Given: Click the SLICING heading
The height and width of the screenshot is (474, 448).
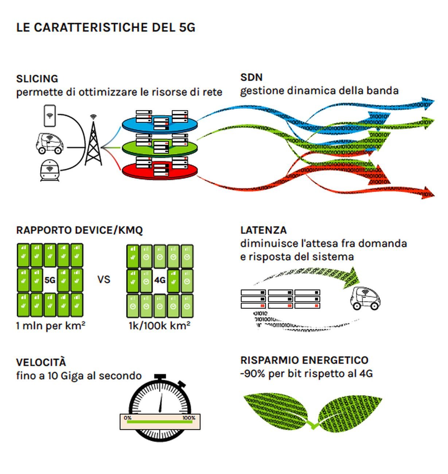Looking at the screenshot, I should [37, 79].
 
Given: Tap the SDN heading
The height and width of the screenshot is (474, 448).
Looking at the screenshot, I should [251, 77].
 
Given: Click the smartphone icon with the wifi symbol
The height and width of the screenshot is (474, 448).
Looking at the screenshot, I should [50, 116].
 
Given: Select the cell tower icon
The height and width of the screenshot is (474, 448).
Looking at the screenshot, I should [93, 142].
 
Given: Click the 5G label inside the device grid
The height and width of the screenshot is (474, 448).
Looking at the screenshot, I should [50, 280].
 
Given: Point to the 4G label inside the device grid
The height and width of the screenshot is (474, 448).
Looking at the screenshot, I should [160, 280].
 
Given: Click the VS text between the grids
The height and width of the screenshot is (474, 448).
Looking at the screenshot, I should [104, 280].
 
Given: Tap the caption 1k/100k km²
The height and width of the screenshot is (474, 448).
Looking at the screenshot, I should [159, 325].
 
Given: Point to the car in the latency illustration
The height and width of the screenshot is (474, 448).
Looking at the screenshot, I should [365, 299].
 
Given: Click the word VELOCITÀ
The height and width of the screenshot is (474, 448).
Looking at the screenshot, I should [41, 362].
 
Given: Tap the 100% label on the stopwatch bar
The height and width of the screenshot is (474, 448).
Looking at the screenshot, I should [188, 418].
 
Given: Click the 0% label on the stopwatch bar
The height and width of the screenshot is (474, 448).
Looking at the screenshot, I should [128, 418].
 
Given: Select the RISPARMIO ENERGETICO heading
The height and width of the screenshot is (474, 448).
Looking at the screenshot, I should [304, 360].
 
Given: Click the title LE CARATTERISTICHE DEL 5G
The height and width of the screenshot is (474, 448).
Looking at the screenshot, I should [106, 27].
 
